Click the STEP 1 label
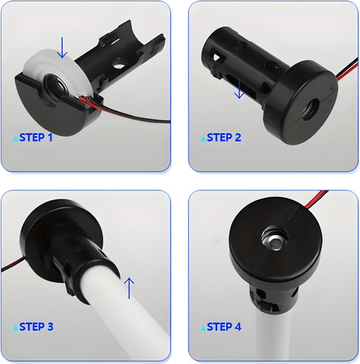point(36,137)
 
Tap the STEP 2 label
point(224,137)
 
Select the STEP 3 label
point(36,327)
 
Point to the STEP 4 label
point(224,327)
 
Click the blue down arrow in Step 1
point(62,48)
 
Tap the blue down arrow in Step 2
point(239,88)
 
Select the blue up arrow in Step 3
point(129,288)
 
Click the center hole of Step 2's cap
point(311,109)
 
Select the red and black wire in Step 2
point(347,71)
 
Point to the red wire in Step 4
point(315,199)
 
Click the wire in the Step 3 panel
point(12,265)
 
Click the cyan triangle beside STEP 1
point(16,139)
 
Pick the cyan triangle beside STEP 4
point(203,328)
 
